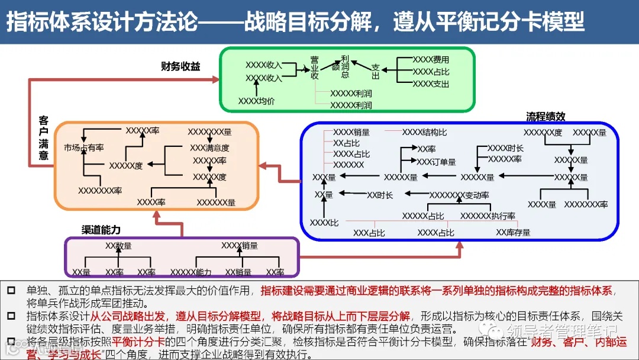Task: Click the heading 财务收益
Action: click(180, 66)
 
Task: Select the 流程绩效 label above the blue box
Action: click(546, 117)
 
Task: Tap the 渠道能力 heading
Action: click(101, 230)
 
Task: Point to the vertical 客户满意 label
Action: click(44, 138)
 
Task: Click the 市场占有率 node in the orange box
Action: click(84, 147)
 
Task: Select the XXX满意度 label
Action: click(209, 147)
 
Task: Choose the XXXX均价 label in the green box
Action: click(256, 101)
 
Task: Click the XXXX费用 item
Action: click(431, 60)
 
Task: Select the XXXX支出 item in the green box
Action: click(431, 84)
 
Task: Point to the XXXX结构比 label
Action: click(424, 132)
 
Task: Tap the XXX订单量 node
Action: click(436, 162)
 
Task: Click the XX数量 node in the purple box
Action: click(118, 246)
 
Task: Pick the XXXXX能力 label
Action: click(191, 272)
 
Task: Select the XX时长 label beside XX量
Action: click(380, 195)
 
